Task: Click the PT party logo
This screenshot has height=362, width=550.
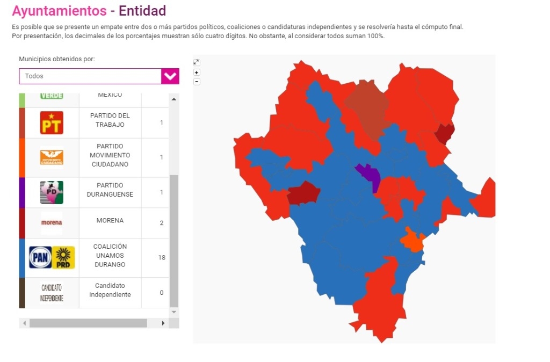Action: tap(52, 123)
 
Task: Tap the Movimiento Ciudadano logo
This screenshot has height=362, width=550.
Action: tap(52, 157)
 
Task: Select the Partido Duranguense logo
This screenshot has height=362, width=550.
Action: tap(52, 192)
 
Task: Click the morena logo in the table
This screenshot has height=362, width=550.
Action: tap(52, 223)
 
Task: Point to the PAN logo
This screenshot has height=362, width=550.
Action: tap(40, 258)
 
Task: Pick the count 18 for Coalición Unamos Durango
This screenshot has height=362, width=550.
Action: tap(162, 258)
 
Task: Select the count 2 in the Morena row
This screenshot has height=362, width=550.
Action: tap(162, 223)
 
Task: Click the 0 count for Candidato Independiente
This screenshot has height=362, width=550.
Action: tap(162, 293)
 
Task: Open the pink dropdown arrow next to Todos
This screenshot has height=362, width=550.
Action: tap(170, 76)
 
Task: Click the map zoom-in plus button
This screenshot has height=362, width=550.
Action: tap(197, 72)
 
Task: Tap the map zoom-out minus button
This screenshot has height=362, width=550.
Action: tap(197, 81)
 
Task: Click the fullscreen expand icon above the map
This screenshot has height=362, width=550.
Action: tap(197, 62)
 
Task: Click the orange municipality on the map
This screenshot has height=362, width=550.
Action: tap(412, 241)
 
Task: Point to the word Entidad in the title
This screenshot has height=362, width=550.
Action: tap(142, 11)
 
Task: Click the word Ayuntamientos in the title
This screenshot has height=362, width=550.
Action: tap(59, 11)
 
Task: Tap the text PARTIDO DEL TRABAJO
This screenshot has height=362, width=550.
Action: tap(110, 120)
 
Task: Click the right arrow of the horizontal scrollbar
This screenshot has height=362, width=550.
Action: tap(163, 323)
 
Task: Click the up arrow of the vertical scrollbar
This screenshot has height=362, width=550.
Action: tap(173, 99)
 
